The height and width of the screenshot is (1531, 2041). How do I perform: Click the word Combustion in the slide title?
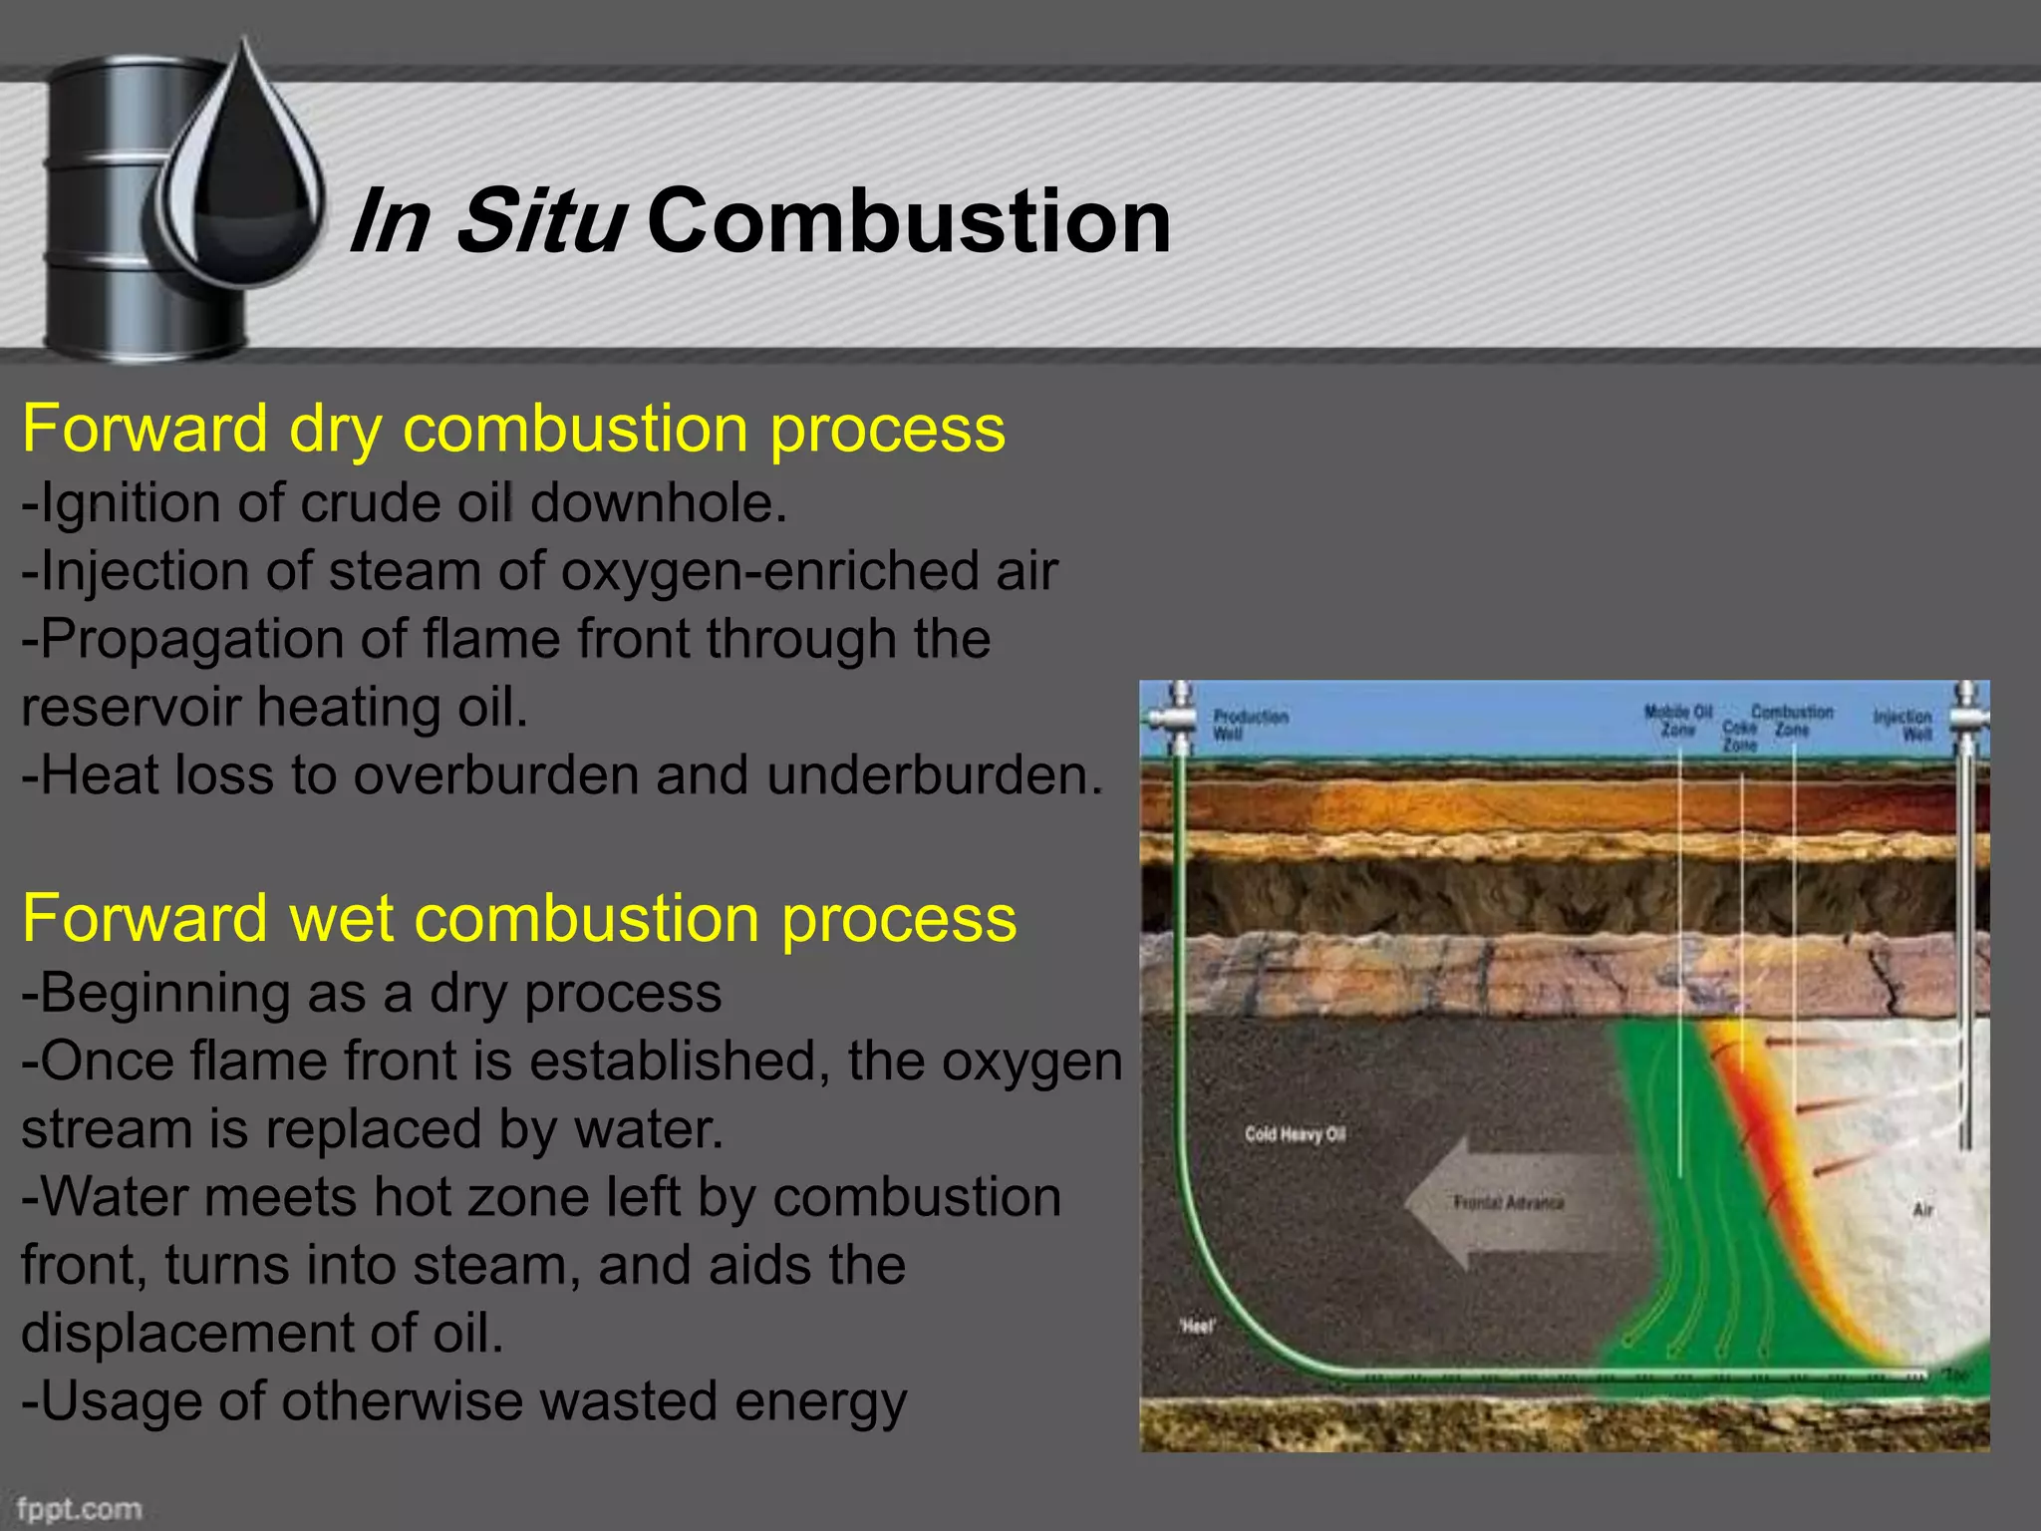(x=908, y=221)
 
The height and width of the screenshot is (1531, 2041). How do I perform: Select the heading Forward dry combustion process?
(x=513, y=429)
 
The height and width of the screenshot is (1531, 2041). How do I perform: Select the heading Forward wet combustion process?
(x=518, y=918)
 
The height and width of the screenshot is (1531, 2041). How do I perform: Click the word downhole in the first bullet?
(x=658, y=502)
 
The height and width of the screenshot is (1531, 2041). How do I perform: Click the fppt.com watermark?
(x=79, y=1508)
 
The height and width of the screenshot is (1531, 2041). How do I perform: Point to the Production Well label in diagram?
(x=1250, y=725)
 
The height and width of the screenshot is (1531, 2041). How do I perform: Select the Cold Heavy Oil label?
(x=1295, y=1134)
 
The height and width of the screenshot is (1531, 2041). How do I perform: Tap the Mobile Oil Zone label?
(x=1677, y=721)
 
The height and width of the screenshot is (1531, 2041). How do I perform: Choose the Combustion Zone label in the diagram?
(x=1792, y=721)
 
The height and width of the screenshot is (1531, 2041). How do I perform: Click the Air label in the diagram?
(x=1922, y=1209)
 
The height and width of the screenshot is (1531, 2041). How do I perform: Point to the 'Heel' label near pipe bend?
(x=1197, y=1327)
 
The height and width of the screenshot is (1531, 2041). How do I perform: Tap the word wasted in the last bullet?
(x=628, y=1401)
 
